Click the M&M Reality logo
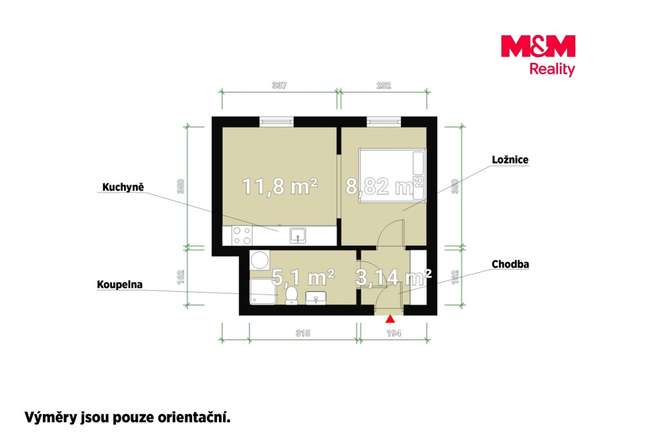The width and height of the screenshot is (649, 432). coord(538,56)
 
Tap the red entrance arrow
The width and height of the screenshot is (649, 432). coord(390,319)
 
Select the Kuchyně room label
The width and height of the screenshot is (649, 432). coord(123,188)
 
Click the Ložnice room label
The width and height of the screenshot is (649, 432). coord(510,160)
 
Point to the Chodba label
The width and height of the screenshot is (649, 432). coord(510,264)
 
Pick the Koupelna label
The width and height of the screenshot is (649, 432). coord(120,285)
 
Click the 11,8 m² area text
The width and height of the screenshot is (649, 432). coord(280,187)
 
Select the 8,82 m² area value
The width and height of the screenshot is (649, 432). coord(384,186)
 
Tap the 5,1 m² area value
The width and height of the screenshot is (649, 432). coord(303,277)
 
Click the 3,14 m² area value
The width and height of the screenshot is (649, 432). coord(393,277)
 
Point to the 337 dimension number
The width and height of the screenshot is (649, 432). coord(279,86)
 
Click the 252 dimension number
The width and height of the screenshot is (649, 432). coord(384,86)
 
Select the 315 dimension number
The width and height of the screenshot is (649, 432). coord(303,333)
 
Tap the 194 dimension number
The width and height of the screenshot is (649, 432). coord(394,333)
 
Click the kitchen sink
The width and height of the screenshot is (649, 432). coord(298,235)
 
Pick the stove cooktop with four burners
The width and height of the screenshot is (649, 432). coord(242,235)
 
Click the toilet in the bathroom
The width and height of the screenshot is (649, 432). coord(291,295)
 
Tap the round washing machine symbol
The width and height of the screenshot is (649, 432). coord(260,260)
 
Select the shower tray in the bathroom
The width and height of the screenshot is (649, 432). coord(263,292)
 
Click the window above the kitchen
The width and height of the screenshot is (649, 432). coord(276,121)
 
